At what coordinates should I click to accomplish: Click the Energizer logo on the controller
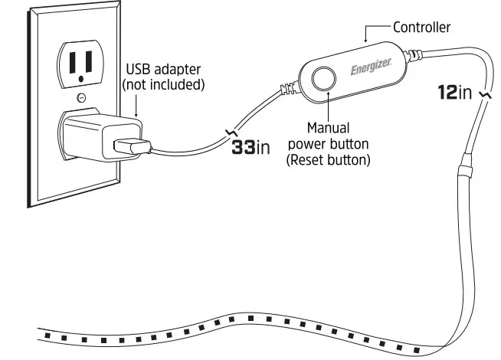[x=372, y=69]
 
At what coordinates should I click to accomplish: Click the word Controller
[x=421, y=28]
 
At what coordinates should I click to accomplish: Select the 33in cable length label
[x=251, y=147]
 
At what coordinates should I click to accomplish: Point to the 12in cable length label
[x=454, y=93]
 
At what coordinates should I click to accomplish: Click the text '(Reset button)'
[x=329, y=160]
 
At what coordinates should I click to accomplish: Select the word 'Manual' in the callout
[x=328, y=127]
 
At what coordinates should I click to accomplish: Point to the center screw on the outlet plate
[x=81, y=97]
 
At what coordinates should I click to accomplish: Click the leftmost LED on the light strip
[x=48, y=335]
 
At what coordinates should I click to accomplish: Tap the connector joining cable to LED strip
[x=464, y=165]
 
